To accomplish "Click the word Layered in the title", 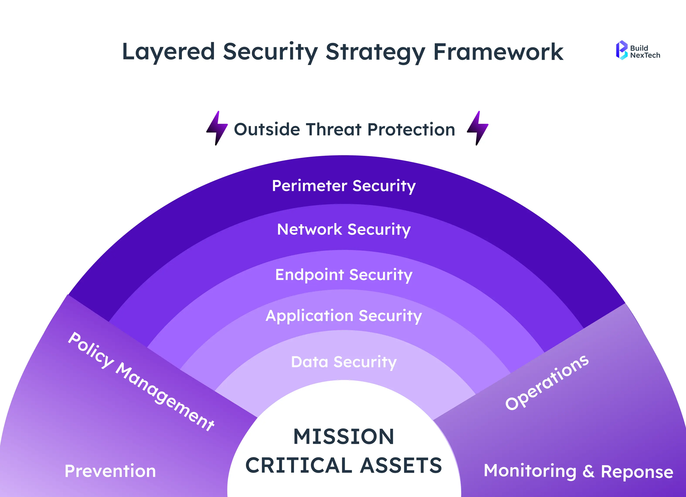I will (168, 52).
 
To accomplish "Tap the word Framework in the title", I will (498, 52).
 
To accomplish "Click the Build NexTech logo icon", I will (621, 50).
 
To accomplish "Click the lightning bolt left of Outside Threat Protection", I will (217, 128).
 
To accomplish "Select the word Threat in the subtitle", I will (334, 129).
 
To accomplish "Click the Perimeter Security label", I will (344, 186).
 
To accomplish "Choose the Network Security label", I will (344, 229).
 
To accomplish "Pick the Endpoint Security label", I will (344, 275).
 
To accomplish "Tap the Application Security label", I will (344, 316).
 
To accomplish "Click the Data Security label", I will (344, 362).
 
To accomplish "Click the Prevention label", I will (110, 471).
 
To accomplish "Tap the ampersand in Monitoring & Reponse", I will (588, 471).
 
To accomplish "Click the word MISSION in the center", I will (344, 436).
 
